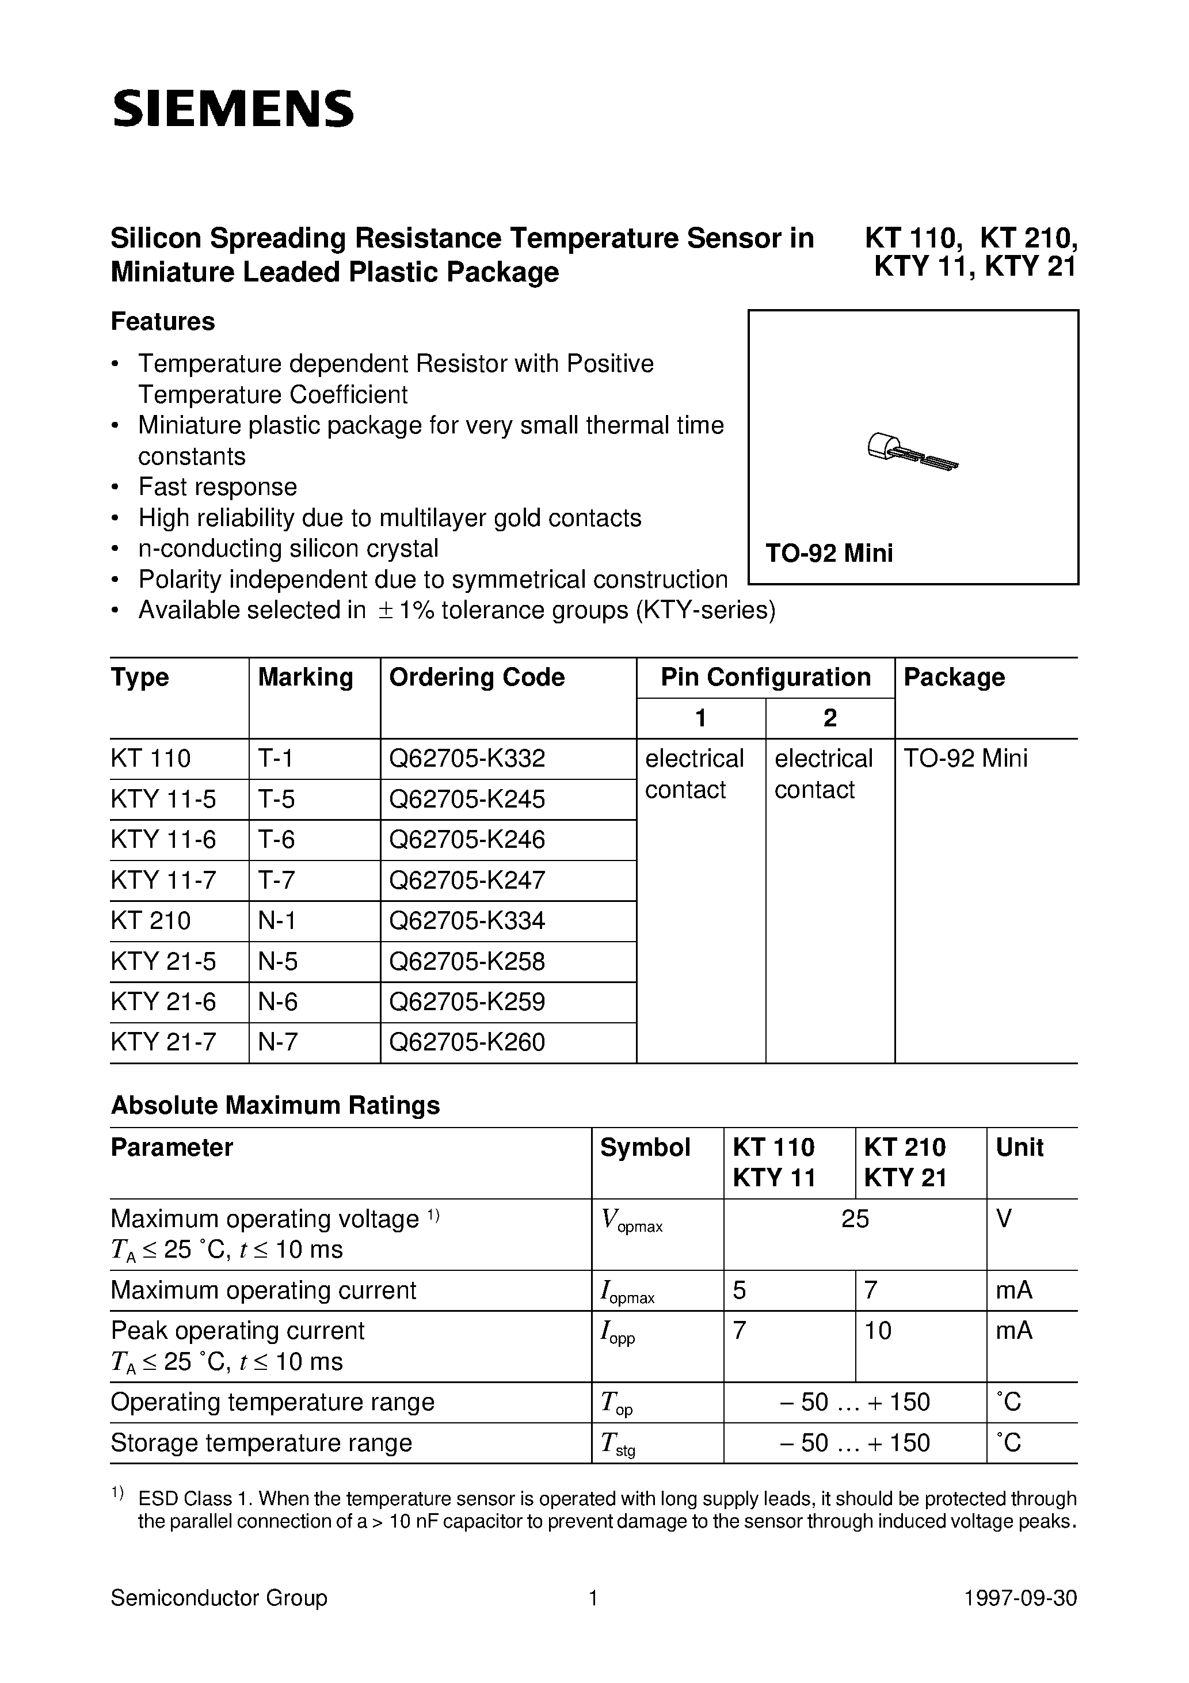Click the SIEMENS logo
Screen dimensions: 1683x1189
click(233, 109)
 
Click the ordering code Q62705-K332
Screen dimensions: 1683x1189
click(467, 758)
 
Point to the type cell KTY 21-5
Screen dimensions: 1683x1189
click(163, 961)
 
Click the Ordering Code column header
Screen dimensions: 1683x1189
click(477, 677)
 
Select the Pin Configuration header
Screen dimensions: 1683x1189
click(765, 677)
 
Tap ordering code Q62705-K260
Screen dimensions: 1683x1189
click(467, 1042)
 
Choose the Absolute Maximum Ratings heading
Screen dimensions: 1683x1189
click(275, 1105)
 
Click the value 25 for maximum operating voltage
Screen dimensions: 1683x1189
click(855, 1219)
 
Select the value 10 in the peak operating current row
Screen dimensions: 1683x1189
click(878, 1330)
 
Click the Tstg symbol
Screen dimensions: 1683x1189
click(617, 1444)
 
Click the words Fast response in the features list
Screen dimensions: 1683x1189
click(218, 488)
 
